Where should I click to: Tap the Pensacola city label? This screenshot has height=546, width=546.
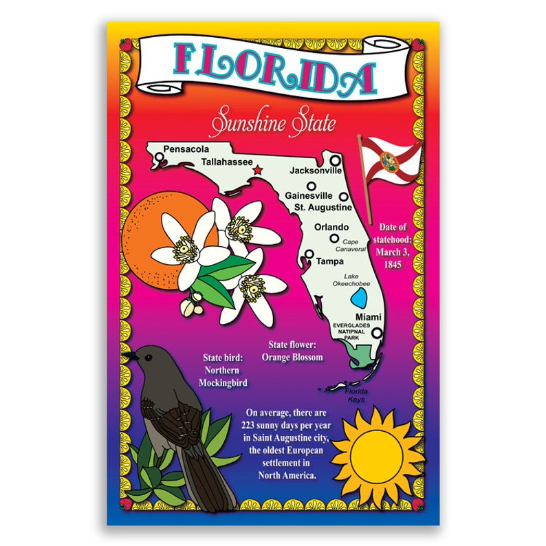tap(186, 149)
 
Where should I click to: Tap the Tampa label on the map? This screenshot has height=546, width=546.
tap(329, 261)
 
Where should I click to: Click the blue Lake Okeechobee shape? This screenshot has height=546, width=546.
tap(358, 298)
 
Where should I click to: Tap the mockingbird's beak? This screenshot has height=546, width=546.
tap(128, 356)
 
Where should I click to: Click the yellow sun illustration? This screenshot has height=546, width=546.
tap(377, 453)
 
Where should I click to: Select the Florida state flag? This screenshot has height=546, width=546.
tap(390, 163)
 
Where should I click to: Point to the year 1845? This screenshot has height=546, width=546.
tap(393, 264)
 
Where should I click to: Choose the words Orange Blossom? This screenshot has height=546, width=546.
tap(292, 358)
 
